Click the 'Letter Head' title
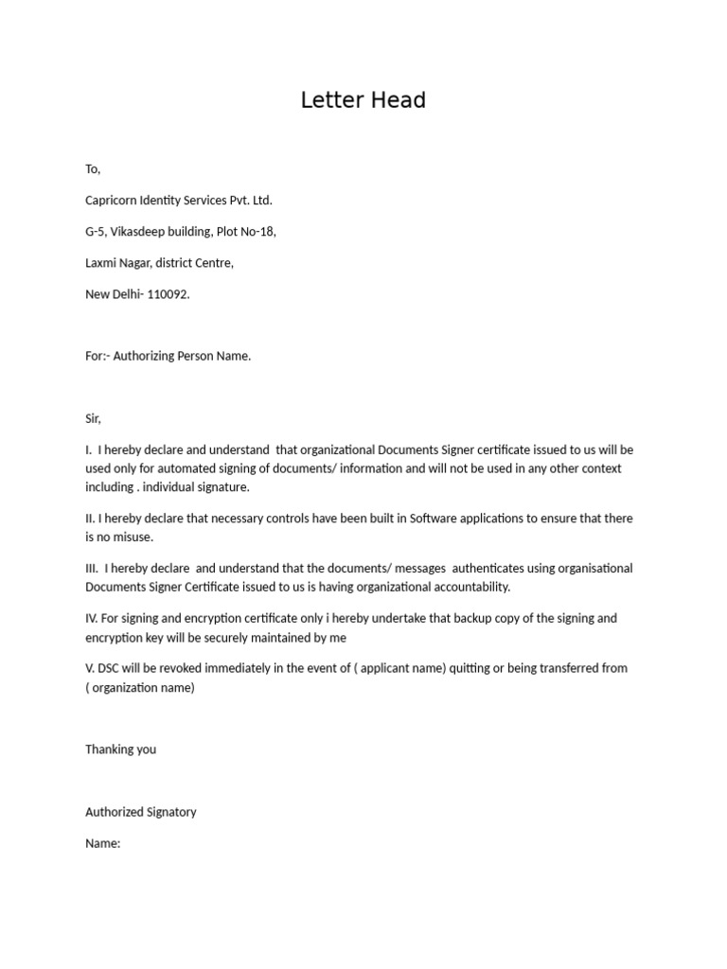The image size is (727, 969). [363, 100]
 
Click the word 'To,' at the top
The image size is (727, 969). [93, 169]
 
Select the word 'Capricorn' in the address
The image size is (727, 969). [112, 201]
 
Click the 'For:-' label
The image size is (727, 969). [98, 357]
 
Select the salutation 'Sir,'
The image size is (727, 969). [93, 418]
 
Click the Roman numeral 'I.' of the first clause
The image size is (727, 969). [88, 449]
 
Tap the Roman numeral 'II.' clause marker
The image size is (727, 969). [90, 519]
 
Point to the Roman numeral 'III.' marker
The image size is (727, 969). [93, 569]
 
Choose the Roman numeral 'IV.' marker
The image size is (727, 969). [92, 618]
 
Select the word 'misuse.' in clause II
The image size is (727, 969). [133, 537]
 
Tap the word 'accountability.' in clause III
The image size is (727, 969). [466, 587]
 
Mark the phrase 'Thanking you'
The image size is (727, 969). [120, 749]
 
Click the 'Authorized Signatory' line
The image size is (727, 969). [141, 812]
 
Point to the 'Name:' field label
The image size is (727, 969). [102, 843]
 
